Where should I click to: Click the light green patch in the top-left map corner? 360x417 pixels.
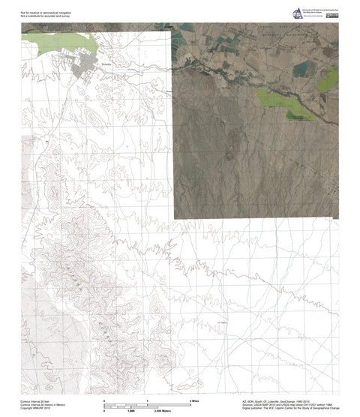56,42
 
